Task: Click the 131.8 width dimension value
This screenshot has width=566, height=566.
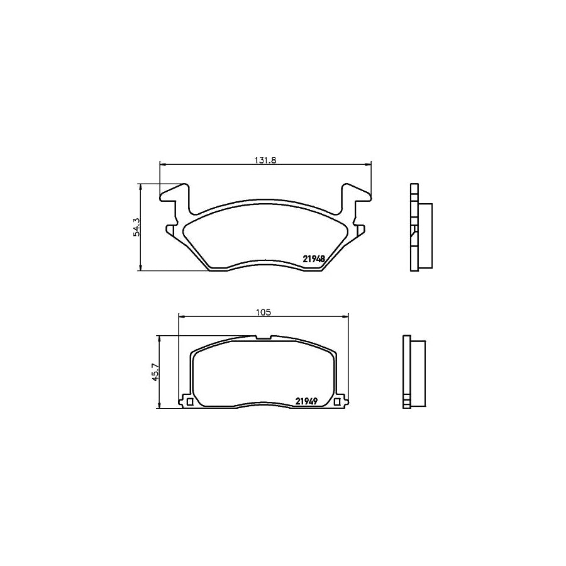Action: coord(265,160)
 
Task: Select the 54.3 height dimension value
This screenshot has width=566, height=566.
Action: coord(136,227)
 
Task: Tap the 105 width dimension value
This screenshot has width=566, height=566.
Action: coord(264,312)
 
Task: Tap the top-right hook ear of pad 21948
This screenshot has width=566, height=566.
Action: coord(356,193)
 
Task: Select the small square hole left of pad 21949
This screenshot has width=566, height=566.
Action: coord(189,401)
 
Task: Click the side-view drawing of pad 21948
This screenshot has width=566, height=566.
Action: coord(418,227)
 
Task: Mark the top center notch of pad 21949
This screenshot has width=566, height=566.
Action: coord(264,338)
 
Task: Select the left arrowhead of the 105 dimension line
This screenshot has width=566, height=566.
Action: coord(182,316)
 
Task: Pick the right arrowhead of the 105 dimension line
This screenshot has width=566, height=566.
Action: coord(345,316)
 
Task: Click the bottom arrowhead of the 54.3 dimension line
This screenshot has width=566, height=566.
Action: coord(140,269)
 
